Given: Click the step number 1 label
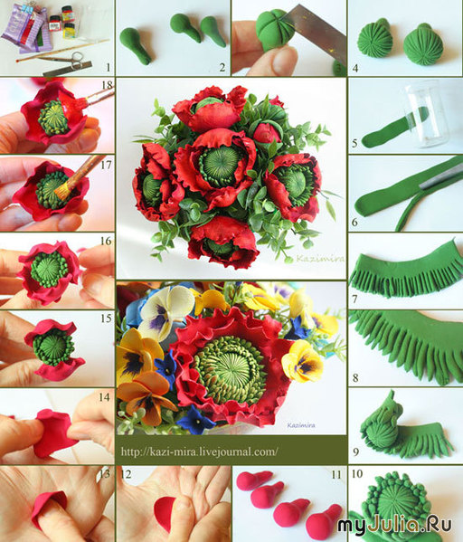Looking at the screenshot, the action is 109,67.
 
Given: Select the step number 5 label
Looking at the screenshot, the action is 354,142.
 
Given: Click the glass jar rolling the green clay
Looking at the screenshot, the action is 426,113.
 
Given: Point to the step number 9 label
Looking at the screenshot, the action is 356,452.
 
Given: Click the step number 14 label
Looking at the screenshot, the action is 104,397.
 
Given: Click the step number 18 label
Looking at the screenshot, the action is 108,85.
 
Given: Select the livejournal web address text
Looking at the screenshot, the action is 199,452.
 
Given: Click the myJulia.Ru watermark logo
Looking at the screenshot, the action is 394,525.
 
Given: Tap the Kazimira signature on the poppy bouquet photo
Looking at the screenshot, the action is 320,259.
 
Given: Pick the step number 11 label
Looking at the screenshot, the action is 335,475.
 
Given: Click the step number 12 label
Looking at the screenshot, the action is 126,474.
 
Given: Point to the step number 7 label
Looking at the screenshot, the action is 354,298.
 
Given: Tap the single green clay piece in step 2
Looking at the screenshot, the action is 135,45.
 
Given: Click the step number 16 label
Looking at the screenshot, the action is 106,241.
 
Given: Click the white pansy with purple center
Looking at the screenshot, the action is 166,312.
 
